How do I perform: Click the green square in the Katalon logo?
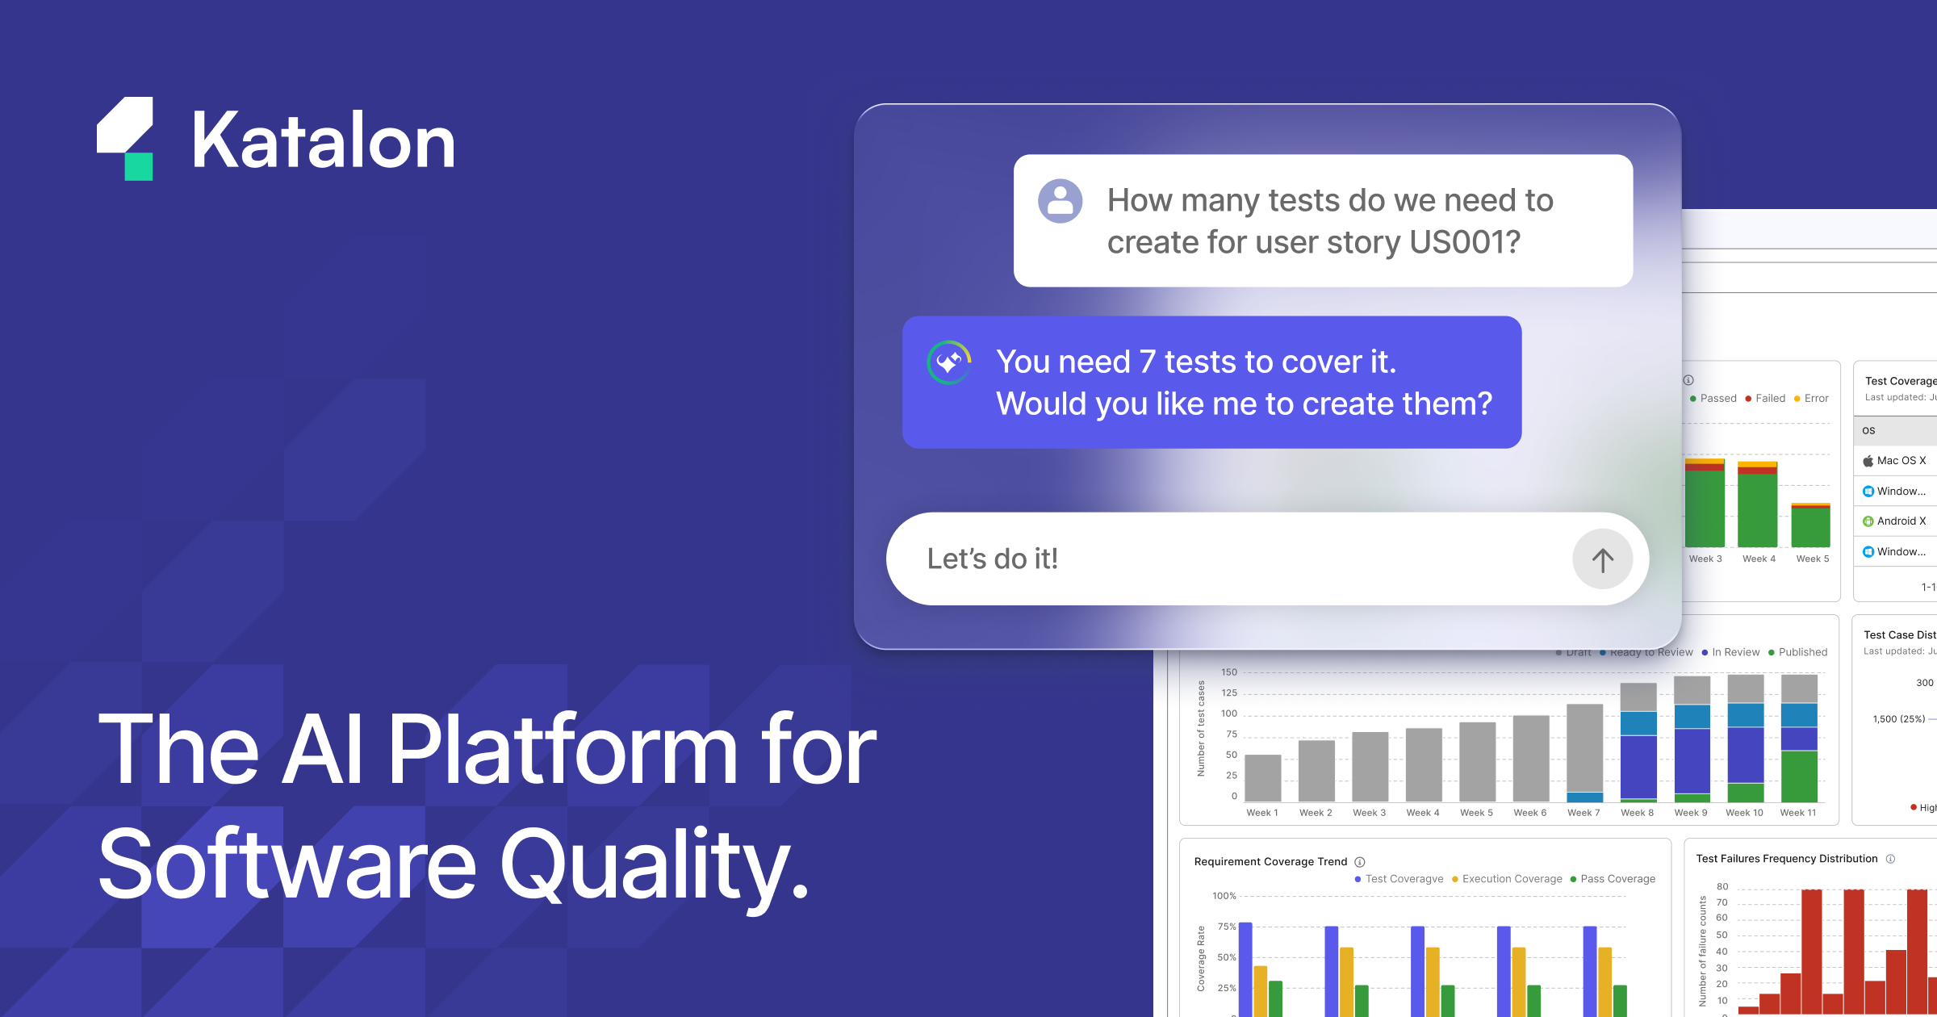139,166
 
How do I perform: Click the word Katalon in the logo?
323,142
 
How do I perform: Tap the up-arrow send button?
1602,559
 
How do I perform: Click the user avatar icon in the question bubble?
1060,201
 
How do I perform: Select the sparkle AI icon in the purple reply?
949,362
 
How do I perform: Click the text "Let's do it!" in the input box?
992,559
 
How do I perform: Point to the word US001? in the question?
1464,242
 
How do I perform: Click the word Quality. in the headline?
654,865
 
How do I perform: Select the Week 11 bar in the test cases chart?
1799,739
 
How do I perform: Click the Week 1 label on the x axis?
1262,813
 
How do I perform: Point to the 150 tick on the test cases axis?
1229,672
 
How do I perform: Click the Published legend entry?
1802,652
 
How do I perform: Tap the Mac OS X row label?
1901,461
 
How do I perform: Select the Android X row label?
1901,521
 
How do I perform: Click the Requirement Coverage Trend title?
1270,862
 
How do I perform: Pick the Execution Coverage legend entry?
1511,879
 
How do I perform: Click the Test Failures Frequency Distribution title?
1786,859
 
